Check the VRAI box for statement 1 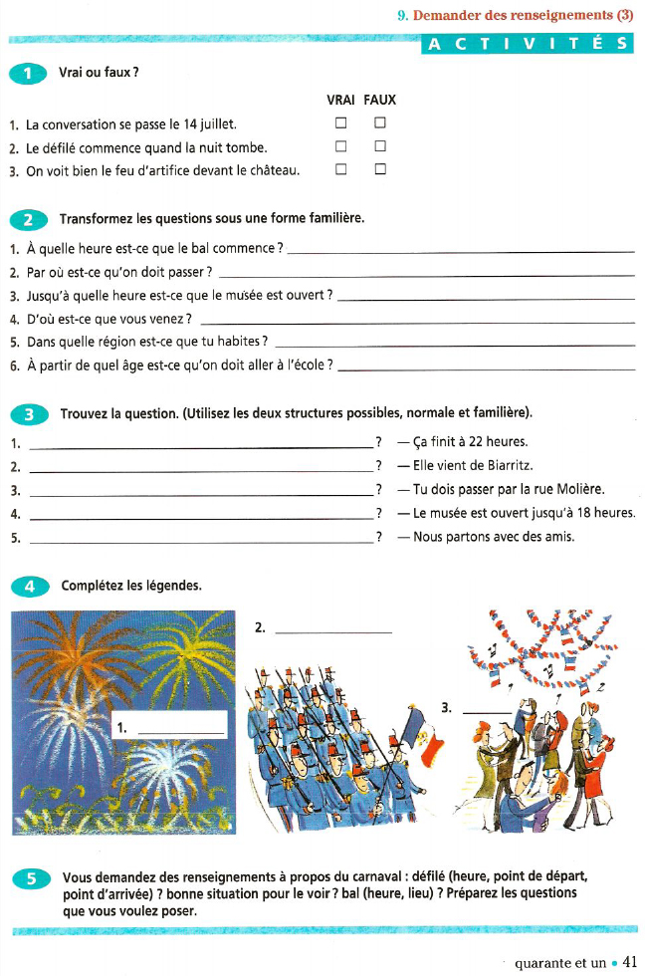click(340, 123)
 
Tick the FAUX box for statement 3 click(379, 169)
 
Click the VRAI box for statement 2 click(340, 146)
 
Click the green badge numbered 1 click(28, 73)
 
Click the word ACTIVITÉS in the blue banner click(528, 44)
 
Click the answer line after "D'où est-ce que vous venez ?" click(417, 323)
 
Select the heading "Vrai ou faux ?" click(98, 73)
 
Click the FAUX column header click(379, 100)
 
